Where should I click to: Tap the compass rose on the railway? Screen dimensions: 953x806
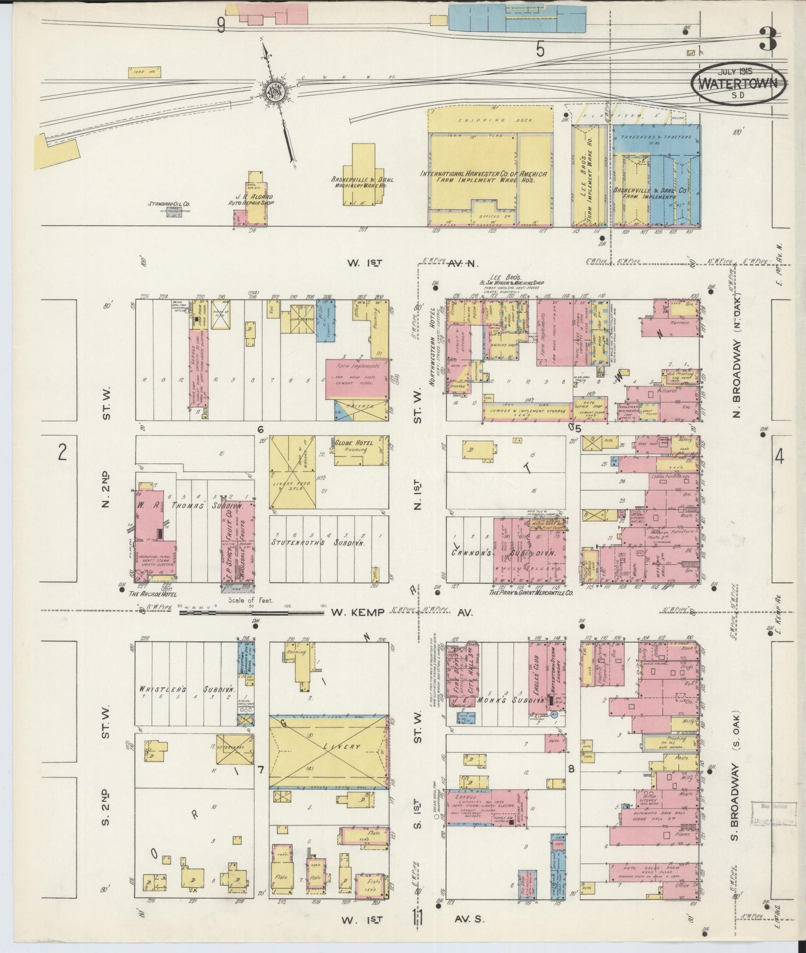click(275, 91)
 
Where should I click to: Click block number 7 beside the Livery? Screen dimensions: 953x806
click(259, 770)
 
